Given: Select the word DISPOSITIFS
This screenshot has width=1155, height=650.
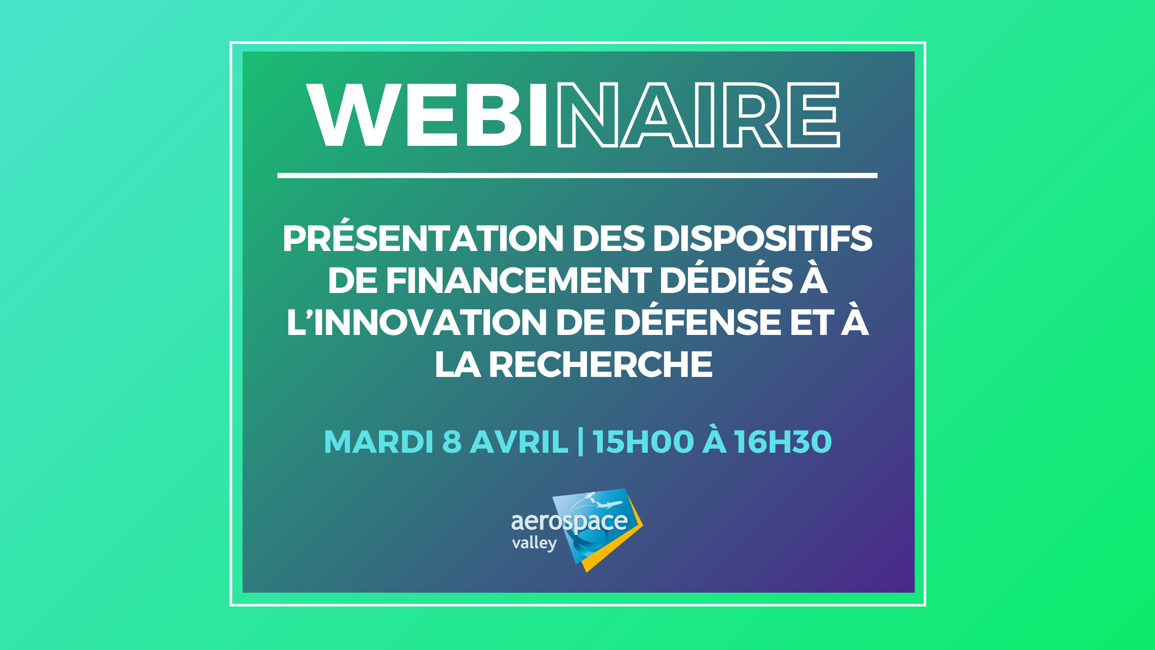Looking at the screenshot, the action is pyautogui.click(x=763, y=238).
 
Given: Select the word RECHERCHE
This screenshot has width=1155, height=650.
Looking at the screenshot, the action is pyautogui.click(x=601, y=364).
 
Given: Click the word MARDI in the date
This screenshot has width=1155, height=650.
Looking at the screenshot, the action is pyautogui.click(x=379, y=441).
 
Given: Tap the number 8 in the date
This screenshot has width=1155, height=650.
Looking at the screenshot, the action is pyautogui.click(x=452, y=441).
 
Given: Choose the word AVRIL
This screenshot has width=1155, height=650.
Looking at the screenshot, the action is pyautogui.click(x=519, y=441).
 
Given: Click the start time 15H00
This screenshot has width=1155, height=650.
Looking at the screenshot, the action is pyautogui.click(x=643, y=441).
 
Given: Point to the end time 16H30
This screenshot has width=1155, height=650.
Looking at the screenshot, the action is pyautogui.click(x=783, y=441).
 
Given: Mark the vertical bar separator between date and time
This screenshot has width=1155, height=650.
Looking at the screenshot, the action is pyautogui.click(x=580, y=442).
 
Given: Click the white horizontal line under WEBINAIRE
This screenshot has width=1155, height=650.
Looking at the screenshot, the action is pyautogui.click(x=577, y=176).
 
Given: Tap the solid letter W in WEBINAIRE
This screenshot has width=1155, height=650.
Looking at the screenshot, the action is pyautogui.click(x=353, y=115).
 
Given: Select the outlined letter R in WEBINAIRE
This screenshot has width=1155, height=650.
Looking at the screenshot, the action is pyautogui.click(x=753, y=115).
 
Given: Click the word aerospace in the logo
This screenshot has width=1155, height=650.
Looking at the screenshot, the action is pyautogui.click(x=569, y=522).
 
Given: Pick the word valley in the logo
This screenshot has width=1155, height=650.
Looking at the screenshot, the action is pyautogui.click(x=534, y=543).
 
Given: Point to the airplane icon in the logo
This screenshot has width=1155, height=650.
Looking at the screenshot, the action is pyautogui.click(x=609, y=504).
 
